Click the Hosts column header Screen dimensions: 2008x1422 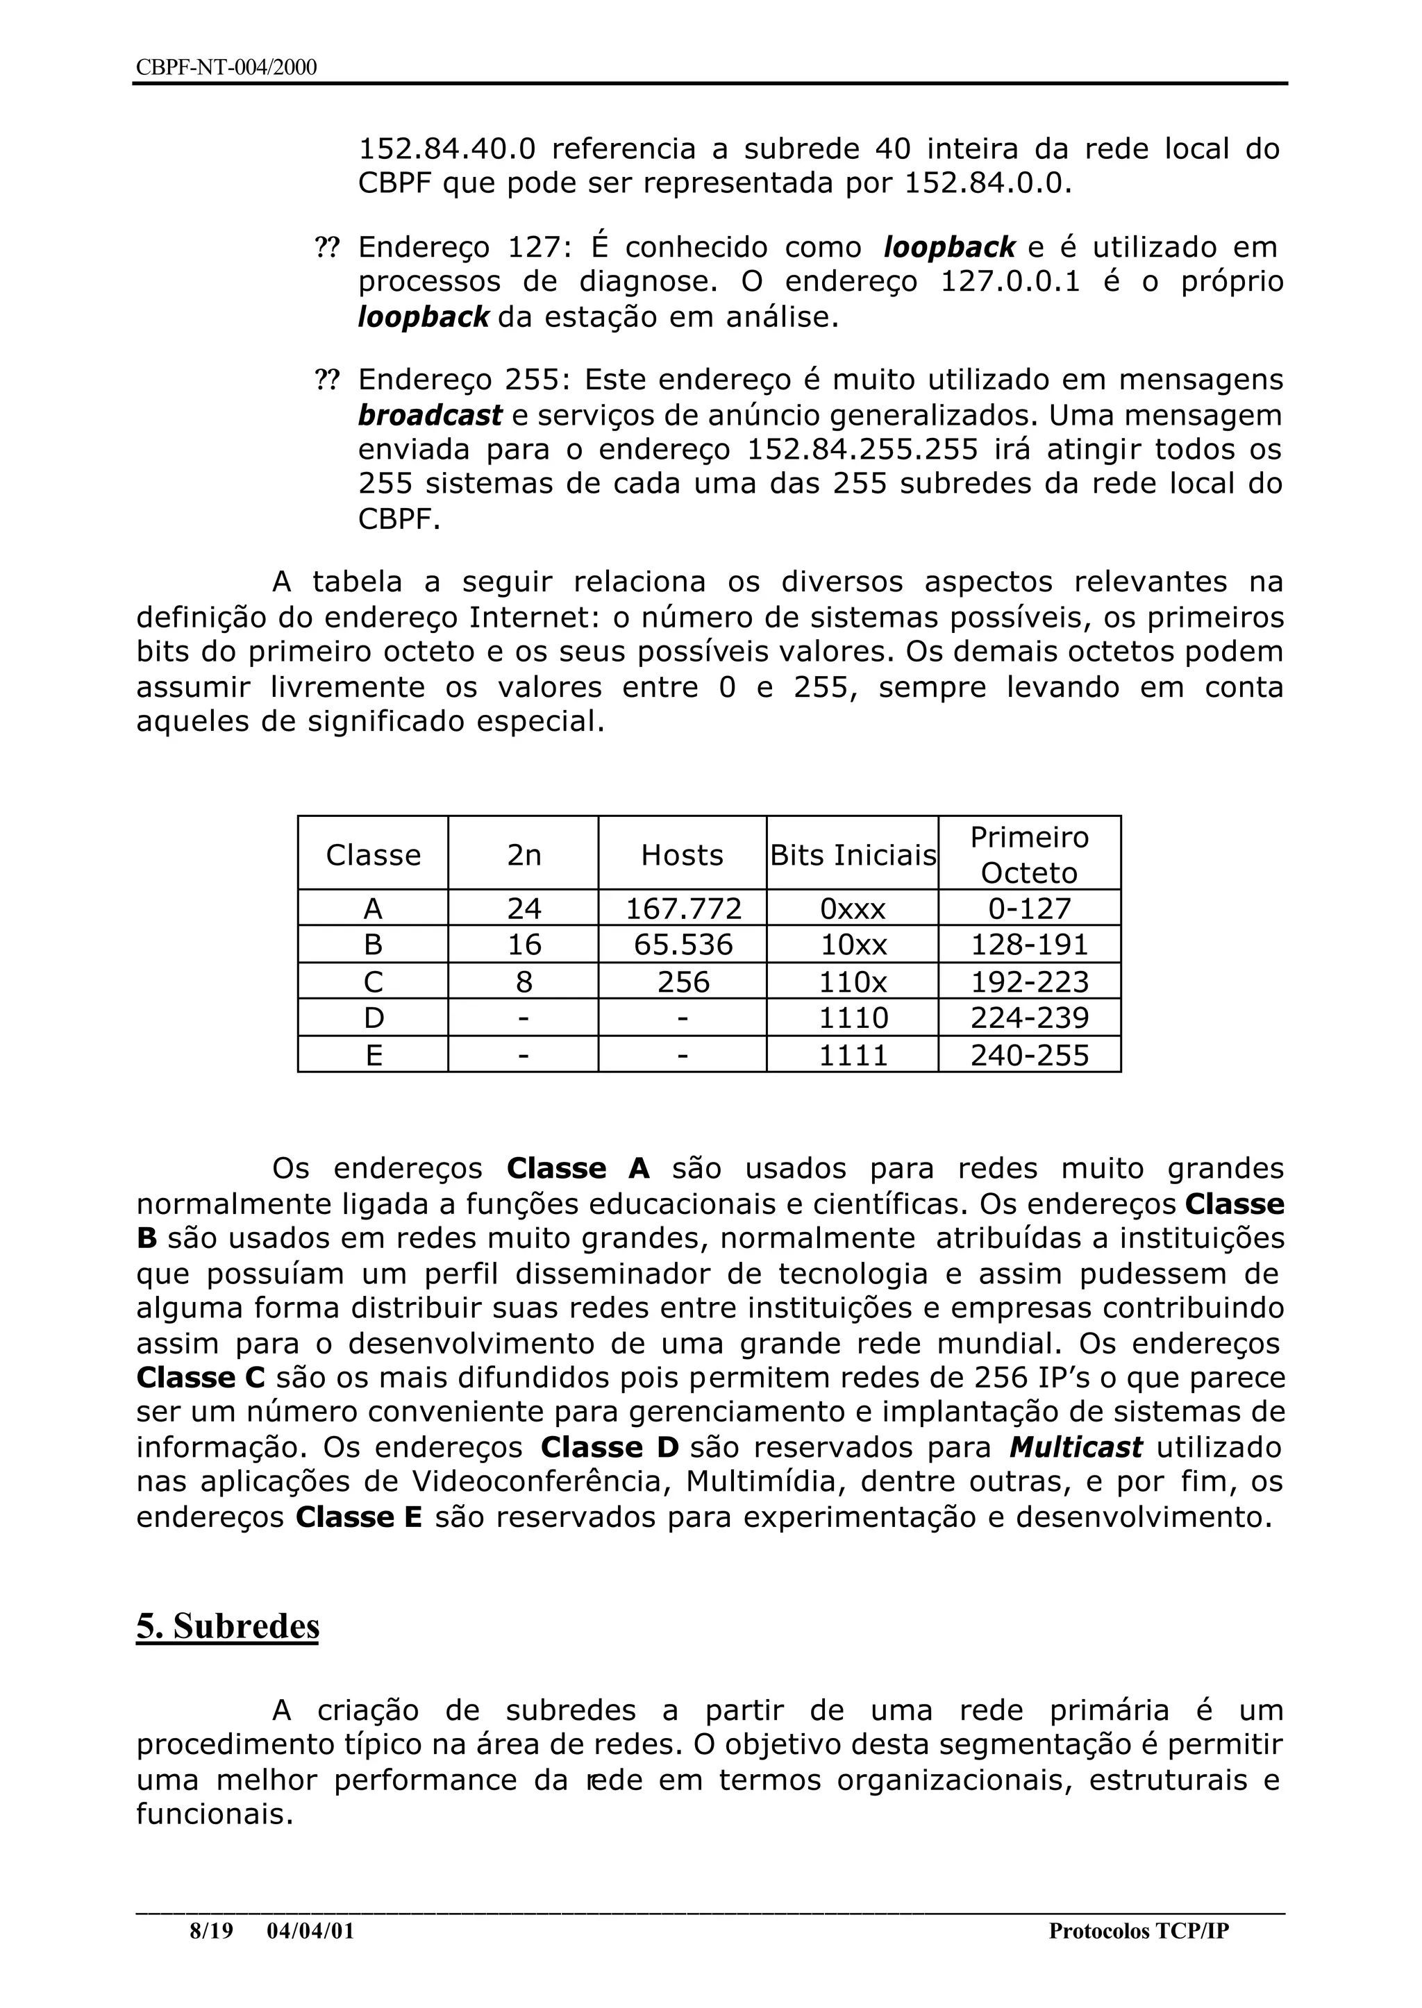click(682, 854)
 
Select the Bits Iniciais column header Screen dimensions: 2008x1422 click(853, 854)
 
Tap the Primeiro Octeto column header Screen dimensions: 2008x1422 click(1029, 854)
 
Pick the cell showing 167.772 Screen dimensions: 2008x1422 click(682, 909)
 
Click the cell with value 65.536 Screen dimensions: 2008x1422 click(682, 945)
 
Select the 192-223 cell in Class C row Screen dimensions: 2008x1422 click(1029, 981)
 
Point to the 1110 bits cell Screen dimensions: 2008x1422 click(853, 1018)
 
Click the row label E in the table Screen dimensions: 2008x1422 click(373, 1055)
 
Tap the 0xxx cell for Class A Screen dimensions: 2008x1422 click(853, 909)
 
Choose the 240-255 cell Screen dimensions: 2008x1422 click(1029, 1055)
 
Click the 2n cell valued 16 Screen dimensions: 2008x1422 click(524, 945)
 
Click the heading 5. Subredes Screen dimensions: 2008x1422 click(228, 1626)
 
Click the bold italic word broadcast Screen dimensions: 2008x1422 click(430, 415)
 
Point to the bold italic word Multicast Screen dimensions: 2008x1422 click(1076, 1447)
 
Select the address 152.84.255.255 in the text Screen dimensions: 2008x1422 click(862, 449)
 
